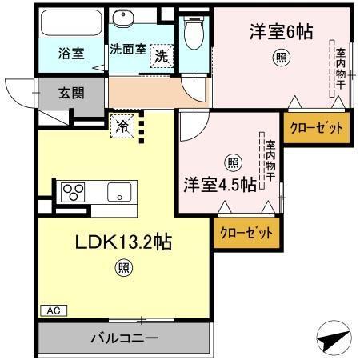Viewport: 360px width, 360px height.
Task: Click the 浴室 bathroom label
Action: point(71,54)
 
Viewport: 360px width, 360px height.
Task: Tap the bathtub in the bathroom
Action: point(71,24)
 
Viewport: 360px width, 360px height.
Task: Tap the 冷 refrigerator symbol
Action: point(123,125)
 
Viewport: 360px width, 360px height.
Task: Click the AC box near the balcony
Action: point(50,309)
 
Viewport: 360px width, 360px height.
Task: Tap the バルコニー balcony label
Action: point(122,337)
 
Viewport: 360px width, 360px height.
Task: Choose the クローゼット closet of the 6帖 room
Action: point(316,128)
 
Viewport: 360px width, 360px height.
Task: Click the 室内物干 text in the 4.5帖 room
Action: point(271,161)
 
